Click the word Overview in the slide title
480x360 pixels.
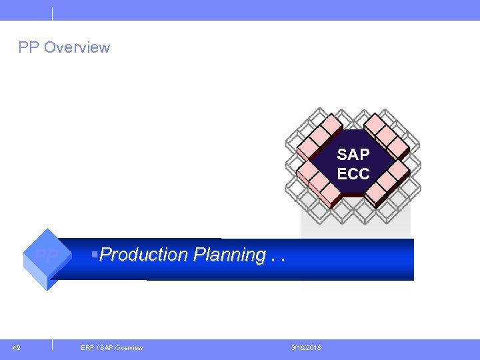pyautogui.click(x=76, y=47)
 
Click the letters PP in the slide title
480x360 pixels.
pyautogui.click(x=29, y=47)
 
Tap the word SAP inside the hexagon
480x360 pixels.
pyautogui.click(x=353, y=155)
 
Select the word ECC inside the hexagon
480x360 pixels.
pyautogui.click(x=353, y=174)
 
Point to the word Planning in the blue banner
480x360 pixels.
pyautogui.click(x=229, y=255)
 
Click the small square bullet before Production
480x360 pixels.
pyautogui.click(x=96, y=253)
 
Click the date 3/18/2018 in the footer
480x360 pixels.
pyautogui.click(x=306, y=347)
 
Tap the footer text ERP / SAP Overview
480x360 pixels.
pyautogui.click(x=111, y=347)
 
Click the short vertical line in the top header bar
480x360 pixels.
pyautogui.click(x=52, y=13)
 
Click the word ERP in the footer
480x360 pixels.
pyautogui.click(x=87, y=347)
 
